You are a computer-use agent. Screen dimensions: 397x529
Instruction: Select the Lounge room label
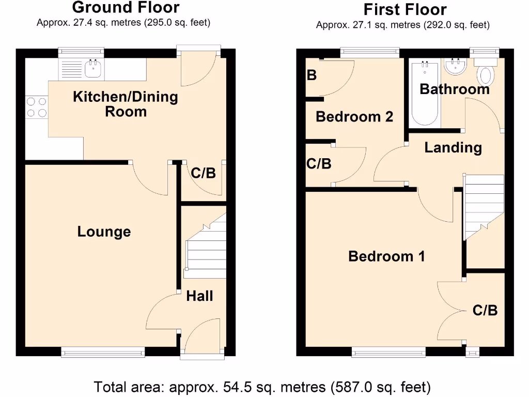(x=104, y=232)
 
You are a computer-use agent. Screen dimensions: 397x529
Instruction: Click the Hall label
(x=199, y=296)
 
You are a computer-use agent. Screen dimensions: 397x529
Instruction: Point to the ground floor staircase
(x=206, y=248)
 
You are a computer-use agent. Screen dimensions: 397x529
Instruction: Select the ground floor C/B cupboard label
(x=203, y=173)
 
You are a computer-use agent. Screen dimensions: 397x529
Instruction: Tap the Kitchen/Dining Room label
(x=126, y=104)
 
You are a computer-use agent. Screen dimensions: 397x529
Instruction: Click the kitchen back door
(x=199, y=67)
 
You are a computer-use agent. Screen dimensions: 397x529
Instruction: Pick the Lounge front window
(x=102, y=353)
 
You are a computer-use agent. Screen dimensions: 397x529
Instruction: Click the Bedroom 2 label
(x=354, y=117)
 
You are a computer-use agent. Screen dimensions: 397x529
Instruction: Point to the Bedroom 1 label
(x=386, y=256)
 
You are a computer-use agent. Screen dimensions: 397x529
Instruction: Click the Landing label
(x=453, y=148)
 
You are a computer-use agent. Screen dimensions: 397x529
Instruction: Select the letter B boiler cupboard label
(x=312, y=75)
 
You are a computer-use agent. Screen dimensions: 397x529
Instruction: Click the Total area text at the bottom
(x=262, y=387)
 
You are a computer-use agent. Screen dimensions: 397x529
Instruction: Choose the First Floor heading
(x=404, y=10)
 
